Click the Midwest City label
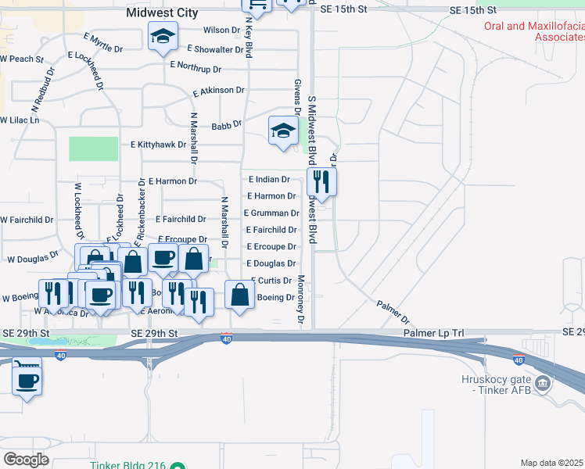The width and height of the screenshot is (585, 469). click(x=163, y=13)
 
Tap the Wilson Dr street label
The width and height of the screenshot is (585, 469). click(x=222, y=30)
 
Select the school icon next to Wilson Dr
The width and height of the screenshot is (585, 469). click(x=163, y=37)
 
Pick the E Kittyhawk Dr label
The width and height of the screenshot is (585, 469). click(x=158, y=145)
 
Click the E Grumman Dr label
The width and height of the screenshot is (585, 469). click(x=271, y=213)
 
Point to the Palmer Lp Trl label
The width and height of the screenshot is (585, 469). click(x=434, y=333)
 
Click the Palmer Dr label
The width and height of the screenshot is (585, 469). click(x=393, y=310)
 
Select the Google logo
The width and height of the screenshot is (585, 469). click(x=26, y=459)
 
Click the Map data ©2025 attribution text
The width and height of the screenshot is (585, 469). click(x=552, y=463)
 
